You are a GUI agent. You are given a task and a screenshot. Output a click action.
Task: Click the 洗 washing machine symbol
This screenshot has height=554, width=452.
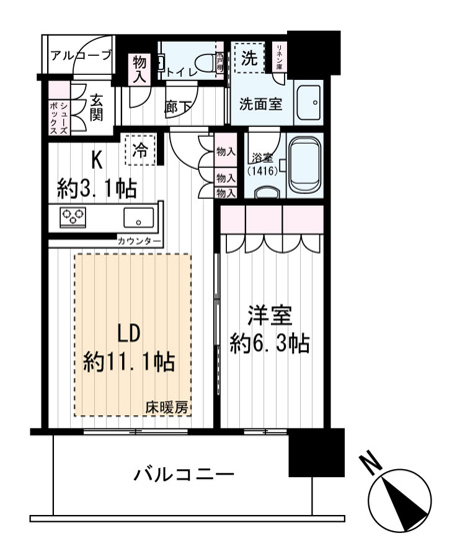click(248, 57)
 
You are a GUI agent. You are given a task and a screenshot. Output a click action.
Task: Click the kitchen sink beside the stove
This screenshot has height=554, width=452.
click(136, 217)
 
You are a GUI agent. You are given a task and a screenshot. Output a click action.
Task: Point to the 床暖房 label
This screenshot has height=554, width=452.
click(168, 407)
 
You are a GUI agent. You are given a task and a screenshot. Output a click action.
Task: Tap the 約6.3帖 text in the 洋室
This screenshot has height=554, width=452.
click(268, 343)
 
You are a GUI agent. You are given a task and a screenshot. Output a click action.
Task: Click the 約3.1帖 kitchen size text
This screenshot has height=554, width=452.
click(98, 187)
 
